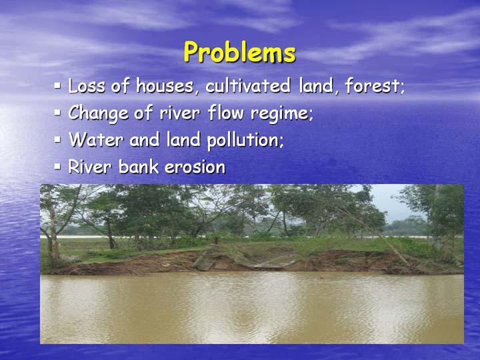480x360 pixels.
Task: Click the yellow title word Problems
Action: pos(240,52)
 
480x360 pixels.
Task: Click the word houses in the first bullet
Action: pos(165,86)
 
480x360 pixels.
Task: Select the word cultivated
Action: pos(248,86)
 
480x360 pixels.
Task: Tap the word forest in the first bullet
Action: pos(372,86)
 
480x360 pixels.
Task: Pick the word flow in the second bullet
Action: pos(226,113)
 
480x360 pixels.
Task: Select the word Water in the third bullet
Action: pos(96,139)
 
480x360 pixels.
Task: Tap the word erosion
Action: pos(195,167)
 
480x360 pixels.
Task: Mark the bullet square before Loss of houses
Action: pos(57,85)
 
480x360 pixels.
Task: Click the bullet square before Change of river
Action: pos(57,113)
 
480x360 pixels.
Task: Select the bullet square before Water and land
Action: pos(57,139)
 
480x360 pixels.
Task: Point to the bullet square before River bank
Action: pos(57,167)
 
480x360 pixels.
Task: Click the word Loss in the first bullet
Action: pos(87,86)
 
